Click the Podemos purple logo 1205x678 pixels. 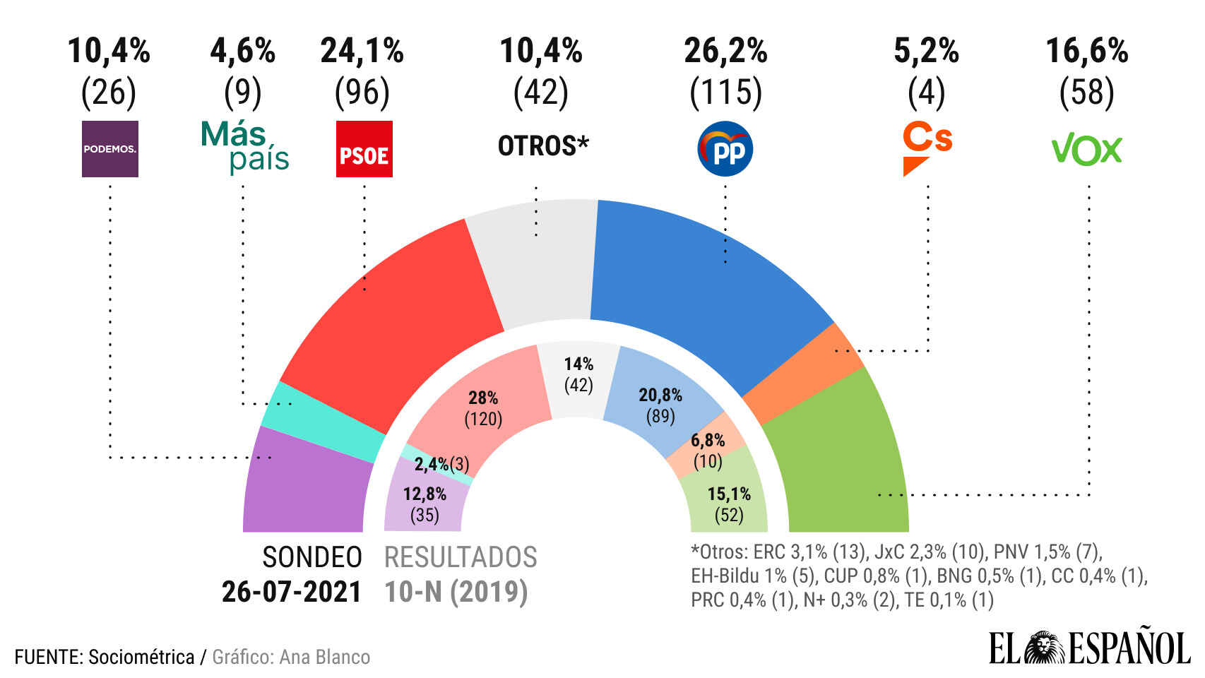[x=110, y=149]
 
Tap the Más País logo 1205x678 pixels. [x=245, y=147]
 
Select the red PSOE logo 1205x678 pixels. [x=364, y=149]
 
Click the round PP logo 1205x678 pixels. [x=725, y=149]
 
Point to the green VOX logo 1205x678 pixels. [x=1086, y=150]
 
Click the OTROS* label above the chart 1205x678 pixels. [x=542, y=146]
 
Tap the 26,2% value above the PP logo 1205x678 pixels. [x=725, y=51]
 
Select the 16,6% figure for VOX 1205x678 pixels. [x=1086, y=51]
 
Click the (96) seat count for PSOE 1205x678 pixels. [x=362, y=92]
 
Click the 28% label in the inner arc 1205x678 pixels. [x=483, y=398]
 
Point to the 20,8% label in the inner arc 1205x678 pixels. [x=660, y=395]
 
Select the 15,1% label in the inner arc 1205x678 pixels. [x=729, y=494]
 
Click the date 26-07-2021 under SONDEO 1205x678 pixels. [x=291, y=592]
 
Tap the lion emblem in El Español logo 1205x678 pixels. [x=1044, y=648]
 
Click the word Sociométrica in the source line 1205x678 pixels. [x=141, y=657]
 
